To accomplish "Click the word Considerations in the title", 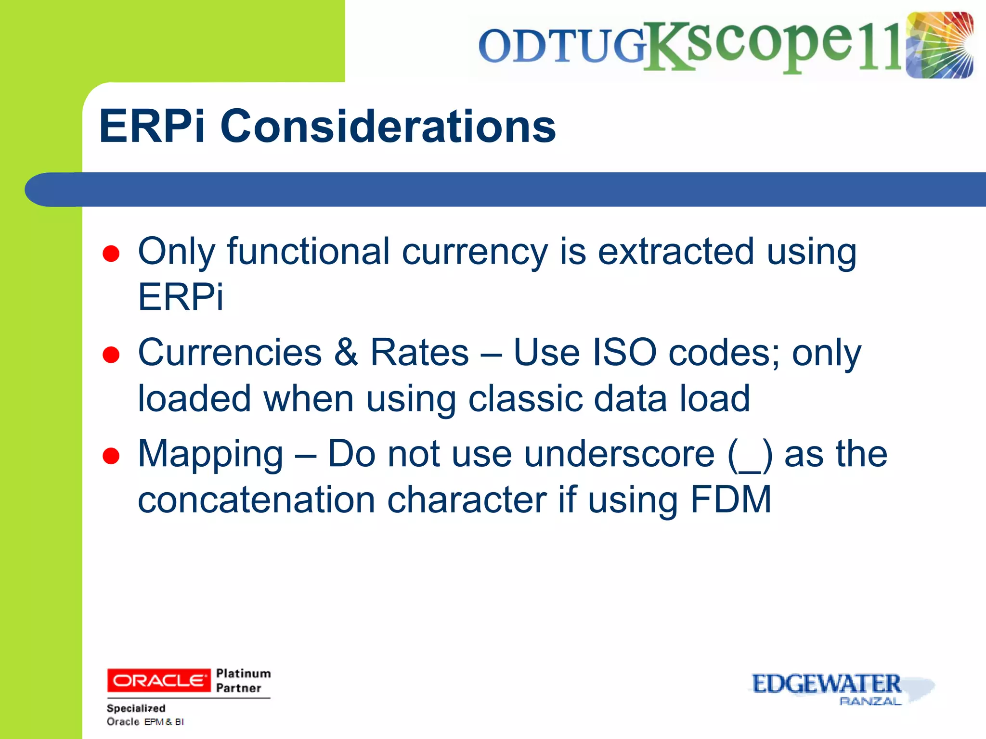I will (388, 126).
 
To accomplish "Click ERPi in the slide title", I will (152, 126).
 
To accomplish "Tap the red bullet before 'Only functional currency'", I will (111, 254).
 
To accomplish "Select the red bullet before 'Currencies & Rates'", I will (111, 355).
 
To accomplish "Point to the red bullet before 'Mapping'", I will (111, 456).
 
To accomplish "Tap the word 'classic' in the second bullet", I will (525, 398).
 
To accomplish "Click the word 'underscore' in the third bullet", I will (619, 454).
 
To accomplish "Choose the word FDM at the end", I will (731, 499).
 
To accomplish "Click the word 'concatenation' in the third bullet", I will (256, 499).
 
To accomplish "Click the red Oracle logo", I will (158, 680).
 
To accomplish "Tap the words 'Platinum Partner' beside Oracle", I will (243, 680).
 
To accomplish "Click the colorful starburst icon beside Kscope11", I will (939, 45).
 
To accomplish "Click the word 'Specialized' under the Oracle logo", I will (136, 708).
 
